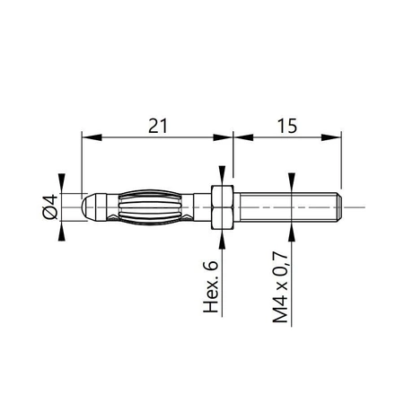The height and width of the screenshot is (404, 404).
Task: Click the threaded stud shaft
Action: point(283,207)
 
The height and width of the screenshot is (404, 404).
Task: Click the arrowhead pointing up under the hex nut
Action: point(221,235)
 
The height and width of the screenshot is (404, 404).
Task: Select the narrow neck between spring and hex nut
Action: point(199,207)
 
